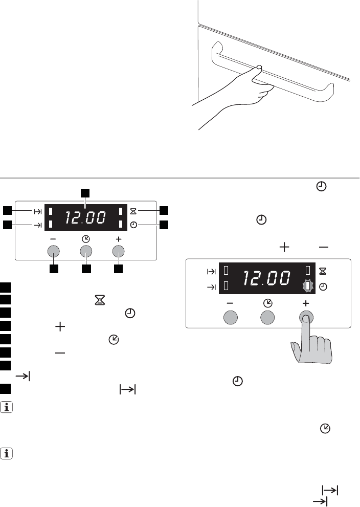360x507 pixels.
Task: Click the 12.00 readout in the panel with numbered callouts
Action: point(85,217)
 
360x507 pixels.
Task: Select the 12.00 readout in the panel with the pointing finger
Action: point(266,278)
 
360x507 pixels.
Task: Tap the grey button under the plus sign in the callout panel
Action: point(118,251)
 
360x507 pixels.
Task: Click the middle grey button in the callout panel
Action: point(86,251)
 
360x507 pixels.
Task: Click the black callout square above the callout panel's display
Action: point(85,193)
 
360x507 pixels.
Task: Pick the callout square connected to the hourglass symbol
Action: point(164,210)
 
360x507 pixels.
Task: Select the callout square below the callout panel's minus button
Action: point(54,269)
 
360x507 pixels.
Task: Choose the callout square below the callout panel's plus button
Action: point(118,269)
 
